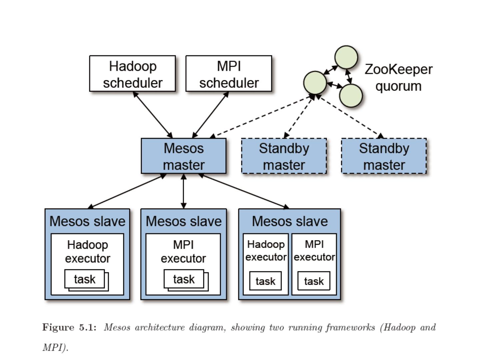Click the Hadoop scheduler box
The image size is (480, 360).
click(x=132, y=74)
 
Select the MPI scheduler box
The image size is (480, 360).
click(x=229, y=74)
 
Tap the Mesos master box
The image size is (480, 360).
click(x=184, y=156)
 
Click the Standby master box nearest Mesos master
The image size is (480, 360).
click(x=284, y=156)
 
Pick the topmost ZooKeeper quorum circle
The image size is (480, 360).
click(x=346, y=57)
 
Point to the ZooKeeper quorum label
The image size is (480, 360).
click(x=399, y=77)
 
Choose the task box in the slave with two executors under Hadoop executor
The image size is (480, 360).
click(x=265, y=281)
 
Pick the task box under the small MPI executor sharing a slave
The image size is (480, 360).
click(x=314, y=281)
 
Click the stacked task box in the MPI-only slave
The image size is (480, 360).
click(x=184, y=279)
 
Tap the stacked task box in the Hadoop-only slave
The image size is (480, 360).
click(x=85, y=279)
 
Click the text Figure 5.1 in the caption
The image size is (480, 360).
click(x=69, y=327)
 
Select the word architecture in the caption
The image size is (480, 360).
click(x=159, y=327)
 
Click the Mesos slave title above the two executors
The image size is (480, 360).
click(x=290, y=221)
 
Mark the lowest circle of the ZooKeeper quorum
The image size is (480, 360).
click(x=351, y=96)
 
